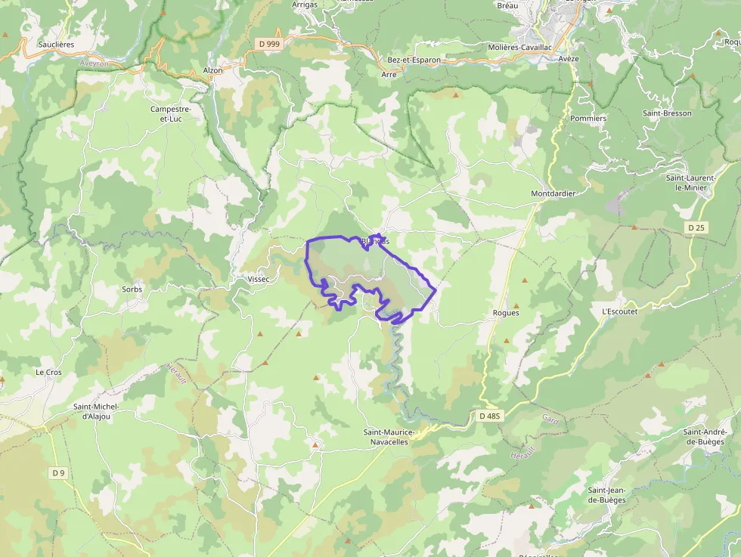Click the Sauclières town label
click(x=57, y=45)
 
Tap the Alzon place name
click(x=213, y=70)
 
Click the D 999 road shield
click(x=269, y=44)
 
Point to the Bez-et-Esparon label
click(x=414, y=59)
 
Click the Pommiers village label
click(x=588, y=119)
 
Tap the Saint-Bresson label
click(x=667, y=113)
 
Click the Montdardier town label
click(x=553, y=193)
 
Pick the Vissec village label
click(x=259, y=279)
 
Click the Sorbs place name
click(x=132, y=289)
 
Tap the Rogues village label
click(x=506, y=313)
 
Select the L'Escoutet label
click(x=619, y=311)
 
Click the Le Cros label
click(x=48, y=373)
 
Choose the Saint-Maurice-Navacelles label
click(x=389, y=437)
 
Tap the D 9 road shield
click(x=57, y=473)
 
